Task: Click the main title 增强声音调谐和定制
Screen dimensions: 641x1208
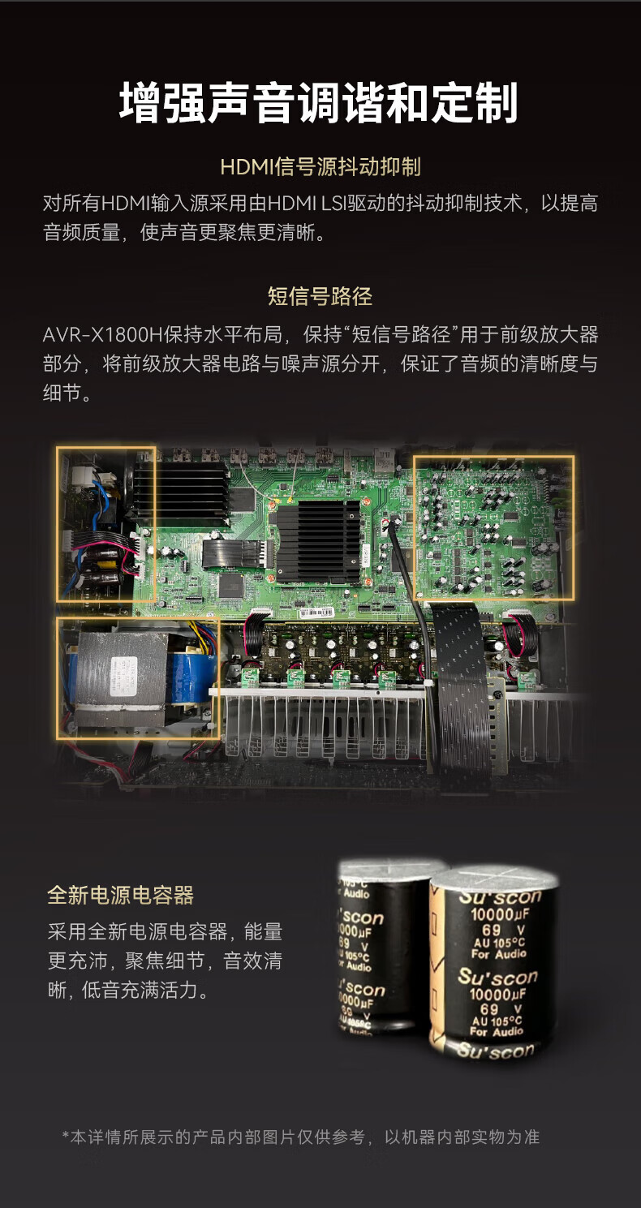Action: [319, 102]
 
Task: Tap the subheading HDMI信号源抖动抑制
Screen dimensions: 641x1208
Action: [320, 166]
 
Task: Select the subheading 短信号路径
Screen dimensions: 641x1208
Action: [320, 296]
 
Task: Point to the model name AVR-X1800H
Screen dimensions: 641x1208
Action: [102, 335]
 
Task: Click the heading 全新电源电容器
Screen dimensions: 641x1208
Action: [120, 895]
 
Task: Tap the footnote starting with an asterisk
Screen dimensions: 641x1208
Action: [300, 1137]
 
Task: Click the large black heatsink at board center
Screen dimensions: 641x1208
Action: [318, 542]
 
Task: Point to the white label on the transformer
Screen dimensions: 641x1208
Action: [123, 676]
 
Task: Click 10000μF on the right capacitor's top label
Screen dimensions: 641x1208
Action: [500, 914]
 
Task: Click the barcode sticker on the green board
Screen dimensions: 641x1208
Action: [316, 613]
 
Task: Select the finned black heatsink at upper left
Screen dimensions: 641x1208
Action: [183, 492]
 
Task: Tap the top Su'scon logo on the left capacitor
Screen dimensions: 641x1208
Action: [360, 916]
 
